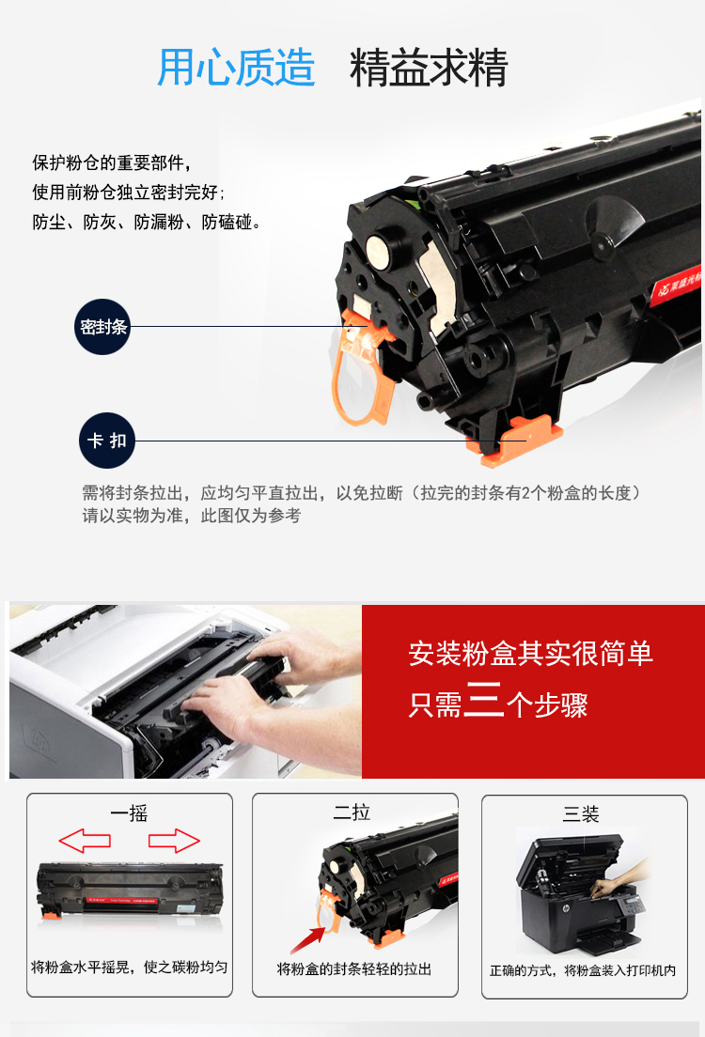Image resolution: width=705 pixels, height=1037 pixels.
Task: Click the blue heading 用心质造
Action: (236, 68)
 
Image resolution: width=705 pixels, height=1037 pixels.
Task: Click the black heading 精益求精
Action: (429, 68)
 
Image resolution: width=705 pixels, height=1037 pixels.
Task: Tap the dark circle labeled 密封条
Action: (102, 327)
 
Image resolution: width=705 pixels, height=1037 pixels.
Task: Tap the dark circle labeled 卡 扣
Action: (107, 441)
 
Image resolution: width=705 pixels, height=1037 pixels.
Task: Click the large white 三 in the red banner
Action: (483, 700)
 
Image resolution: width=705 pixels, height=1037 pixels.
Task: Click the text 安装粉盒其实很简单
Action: (530, 654)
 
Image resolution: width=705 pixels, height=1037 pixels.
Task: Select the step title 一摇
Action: (129, 813)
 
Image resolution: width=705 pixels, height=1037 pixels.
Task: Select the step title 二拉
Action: (352, 813)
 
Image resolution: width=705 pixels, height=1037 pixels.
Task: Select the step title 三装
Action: (581, 814)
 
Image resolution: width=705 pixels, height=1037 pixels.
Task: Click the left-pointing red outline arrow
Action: (85, 841)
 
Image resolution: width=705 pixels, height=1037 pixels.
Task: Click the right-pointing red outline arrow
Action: (174, 841)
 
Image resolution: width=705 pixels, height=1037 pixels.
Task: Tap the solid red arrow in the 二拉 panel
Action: (307, 939)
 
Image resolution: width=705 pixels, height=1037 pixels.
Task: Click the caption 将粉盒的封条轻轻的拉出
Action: (354, 968)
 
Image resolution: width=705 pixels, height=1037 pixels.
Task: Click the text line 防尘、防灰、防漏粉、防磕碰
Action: (146, 223)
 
